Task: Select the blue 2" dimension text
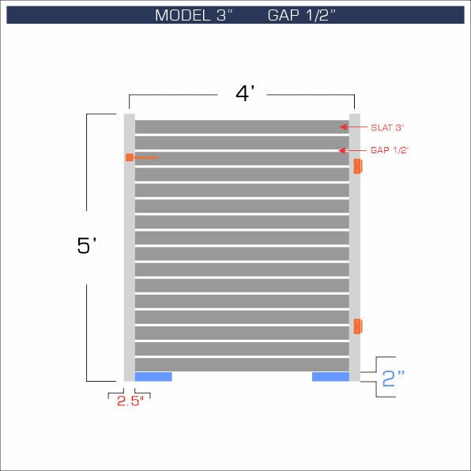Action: [392, 378]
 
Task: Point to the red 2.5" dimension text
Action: [128, 401]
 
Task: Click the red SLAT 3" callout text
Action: [386, 126]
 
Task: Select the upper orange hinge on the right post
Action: [357, 166]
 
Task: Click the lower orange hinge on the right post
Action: [357, 326]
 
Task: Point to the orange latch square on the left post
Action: [129, 158]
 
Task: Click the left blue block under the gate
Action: [153, 377]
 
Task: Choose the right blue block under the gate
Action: [330, 377]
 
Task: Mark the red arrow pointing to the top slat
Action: [344, 126]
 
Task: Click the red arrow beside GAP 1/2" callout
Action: [344, 150]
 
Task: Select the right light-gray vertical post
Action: [355, 245]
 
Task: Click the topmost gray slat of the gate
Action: [242, 126]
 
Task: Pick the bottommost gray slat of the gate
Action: [242, 364]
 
